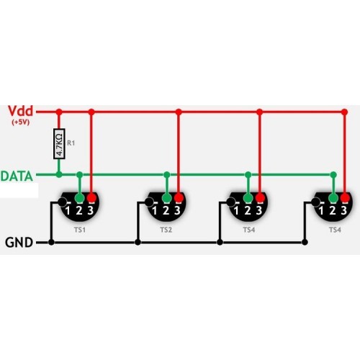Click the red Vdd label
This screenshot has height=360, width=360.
20,111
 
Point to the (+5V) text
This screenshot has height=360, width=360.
21,122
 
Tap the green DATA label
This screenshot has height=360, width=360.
17,176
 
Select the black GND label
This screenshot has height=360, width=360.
19,243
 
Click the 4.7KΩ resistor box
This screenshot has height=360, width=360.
59,144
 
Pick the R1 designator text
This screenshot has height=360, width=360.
71,143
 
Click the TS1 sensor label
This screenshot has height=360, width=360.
80,230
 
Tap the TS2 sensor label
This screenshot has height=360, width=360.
166,230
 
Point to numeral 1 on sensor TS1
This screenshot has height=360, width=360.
68,211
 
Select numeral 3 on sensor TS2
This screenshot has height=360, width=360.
177,211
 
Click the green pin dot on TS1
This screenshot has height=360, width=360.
80,198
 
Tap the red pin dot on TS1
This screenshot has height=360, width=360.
91,198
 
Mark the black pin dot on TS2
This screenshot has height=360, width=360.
149,202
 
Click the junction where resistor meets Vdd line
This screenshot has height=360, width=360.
59,112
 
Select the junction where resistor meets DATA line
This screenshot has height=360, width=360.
59,174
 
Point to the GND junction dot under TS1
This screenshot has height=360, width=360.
51,243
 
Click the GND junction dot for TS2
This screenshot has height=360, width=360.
138,243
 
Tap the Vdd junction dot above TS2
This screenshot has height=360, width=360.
179,112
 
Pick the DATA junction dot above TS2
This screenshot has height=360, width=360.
166,174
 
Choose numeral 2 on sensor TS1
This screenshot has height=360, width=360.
79,211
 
